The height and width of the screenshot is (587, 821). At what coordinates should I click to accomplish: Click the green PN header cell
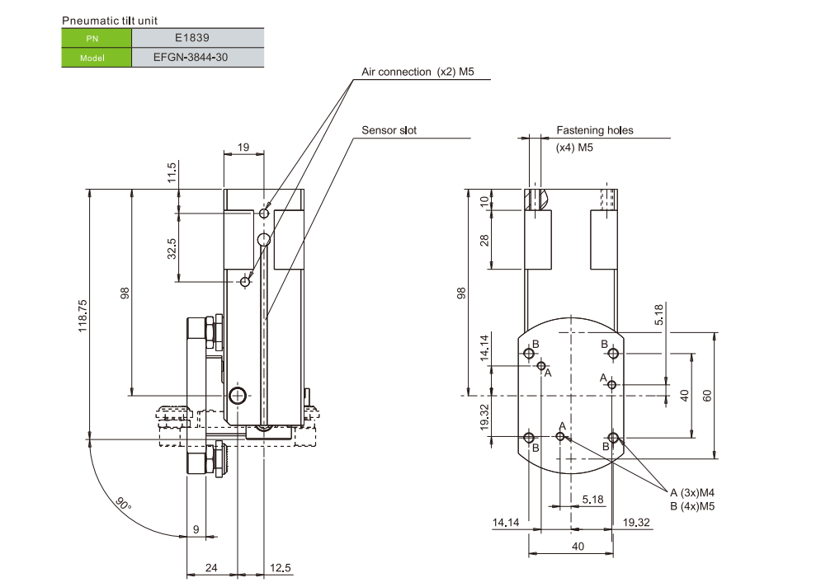tap(97, 38)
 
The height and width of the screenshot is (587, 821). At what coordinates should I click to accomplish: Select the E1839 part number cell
tap(198, 38)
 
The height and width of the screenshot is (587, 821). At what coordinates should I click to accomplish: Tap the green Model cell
tap(97, 58)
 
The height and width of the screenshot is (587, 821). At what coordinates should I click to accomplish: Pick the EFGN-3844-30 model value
tap(198, 58)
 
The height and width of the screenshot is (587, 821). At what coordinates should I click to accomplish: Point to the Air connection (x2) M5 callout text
tap(418, 72)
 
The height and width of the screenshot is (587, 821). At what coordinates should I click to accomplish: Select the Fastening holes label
tap(594, 130)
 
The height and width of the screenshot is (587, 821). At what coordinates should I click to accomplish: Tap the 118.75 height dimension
tap(83, 313)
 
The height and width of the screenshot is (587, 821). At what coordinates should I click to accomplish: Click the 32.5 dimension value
tap(171, 248)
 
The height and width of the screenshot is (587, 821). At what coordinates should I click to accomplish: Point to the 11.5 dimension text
tap(171, 173)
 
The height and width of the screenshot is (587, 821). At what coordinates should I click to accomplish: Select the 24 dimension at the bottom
tap(211, 568)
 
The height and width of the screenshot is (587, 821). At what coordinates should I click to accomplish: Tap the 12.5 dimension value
tap(281, 568)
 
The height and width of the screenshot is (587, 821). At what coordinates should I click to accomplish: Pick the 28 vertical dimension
tap(484, 240)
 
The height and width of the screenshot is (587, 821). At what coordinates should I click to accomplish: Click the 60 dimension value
tap(707, 395)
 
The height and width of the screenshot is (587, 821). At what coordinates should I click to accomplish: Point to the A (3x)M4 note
tap(691, 492)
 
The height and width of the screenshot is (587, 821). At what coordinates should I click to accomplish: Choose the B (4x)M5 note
tap(691, 505)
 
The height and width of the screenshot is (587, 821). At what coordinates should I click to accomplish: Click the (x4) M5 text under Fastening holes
tap(575, 148)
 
